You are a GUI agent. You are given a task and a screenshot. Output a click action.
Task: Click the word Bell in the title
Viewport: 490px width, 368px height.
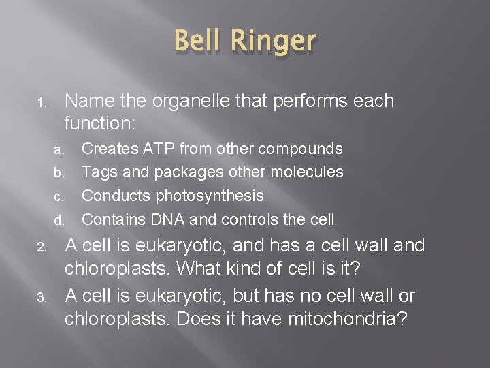pyautogui.click(x=201, y=41)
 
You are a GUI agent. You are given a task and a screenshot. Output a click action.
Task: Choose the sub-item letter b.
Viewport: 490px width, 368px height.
pyautogui.click(x=59, y=173)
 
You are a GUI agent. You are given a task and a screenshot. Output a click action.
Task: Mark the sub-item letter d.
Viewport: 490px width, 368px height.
pyautogui.click(x=59, y=221)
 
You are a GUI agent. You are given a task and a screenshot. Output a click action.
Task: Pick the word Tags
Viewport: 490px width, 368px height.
pyautogui.click(x=99, y=172)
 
